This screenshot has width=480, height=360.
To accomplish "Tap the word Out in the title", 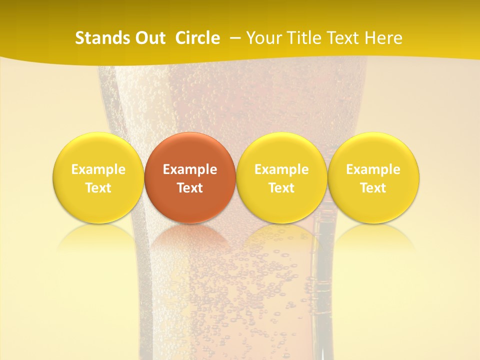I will [149, 38].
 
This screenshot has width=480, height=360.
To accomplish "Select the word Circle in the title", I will [197, 38].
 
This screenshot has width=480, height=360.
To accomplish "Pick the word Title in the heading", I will [304, 38].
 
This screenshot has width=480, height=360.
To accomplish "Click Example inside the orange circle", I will [190, 169].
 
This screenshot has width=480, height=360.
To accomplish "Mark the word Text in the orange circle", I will [190, 188].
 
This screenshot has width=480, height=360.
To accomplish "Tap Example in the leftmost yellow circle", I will [98, 169].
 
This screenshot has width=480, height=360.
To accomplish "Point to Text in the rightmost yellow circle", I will [373, 188].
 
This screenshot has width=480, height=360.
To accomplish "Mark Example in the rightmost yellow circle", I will [373, 169].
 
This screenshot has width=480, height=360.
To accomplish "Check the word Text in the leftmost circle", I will [98, 188].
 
